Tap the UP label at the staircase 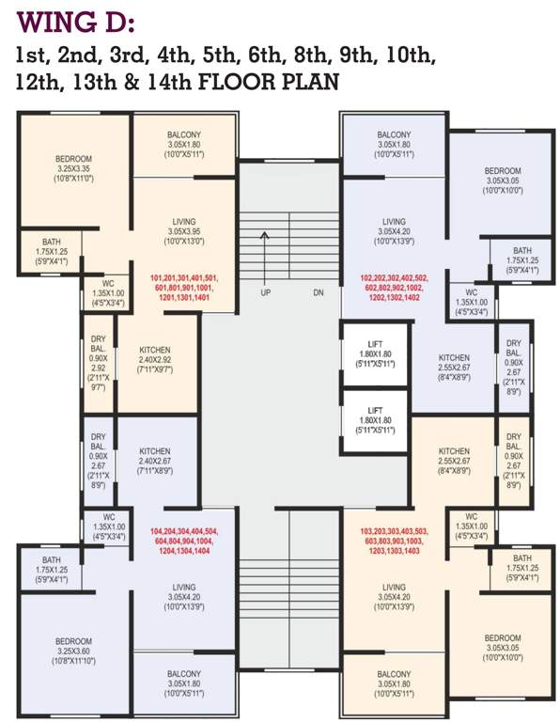pyautogui.click(x=266, y=292)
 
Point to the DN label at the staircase pyautogui.click(x=319, y=292)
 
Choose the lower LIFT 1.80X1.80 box pyautogui.click(x=375, y=423)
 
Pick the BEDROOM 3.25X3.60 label pyautogui.click(x=73, y=648)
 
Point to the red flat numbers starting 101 pyautogui.click(x=184, y=288)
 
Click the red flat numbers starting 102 pyautogui.click(x=394, y=288)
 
